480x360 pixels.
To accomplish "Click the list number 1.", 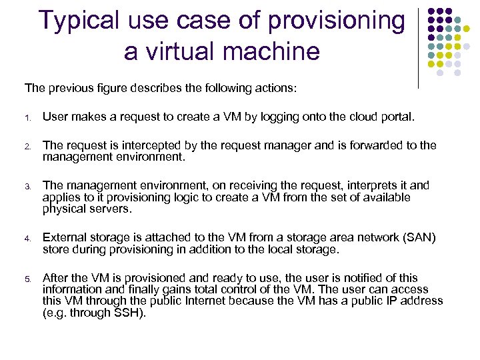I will click(27, 119).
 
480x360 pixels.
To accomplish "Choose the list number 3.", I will click(27, 186).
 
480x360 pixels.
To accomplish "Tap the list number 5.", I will click(27, 279).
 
